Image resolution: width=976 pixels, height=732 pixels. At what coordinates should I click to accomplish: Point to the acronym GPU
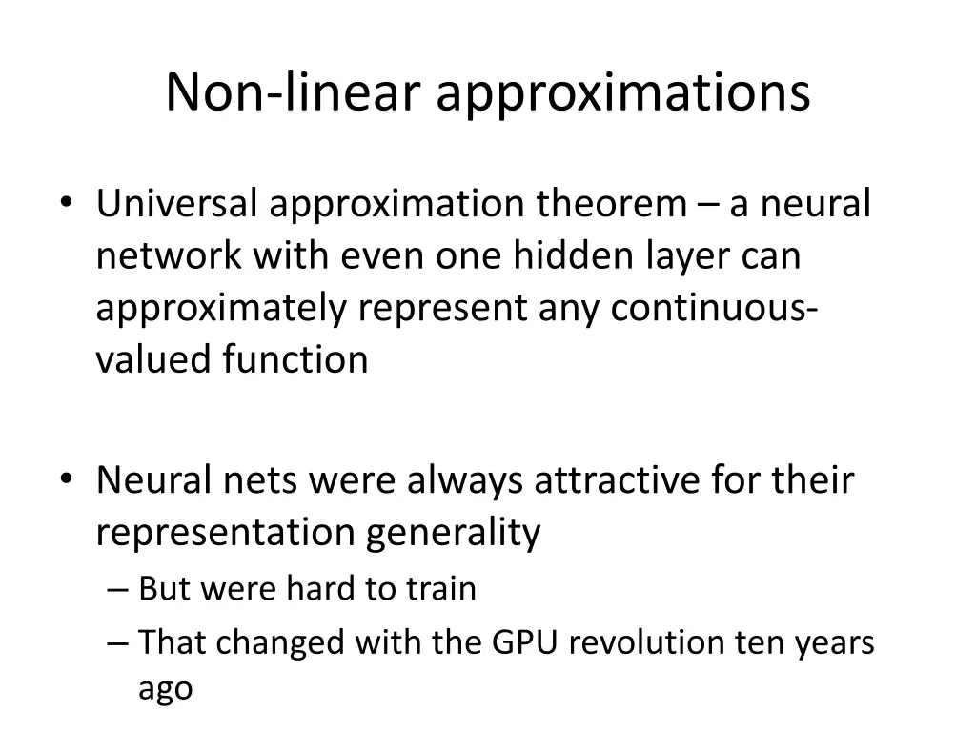pos(522,643)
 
